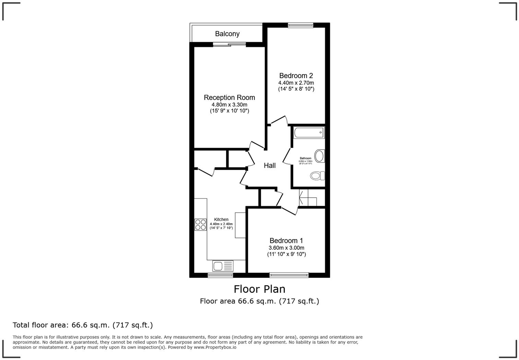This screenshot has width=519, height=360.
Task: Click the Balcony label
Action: click(227, 34)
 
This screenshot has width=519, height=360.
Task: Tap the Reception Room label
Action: click(229, 98)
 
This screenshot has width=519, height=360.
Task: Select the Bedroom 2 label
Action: click(296, 76)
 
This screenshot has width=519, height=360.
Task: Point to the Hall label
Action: click(269, 166)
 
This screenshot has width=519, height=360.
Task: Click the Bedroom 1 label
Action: click(286, 241)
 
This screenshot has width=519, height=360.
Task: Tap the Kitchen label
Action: click(221, 220)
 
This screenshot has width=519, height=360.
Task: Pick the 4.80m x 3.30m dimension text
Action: click(229, 105)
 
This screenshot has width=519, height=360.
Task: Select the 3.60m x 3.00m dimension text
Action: click(286, 248)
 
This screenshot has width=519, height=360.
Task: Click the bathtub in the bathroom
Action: click(309, 132)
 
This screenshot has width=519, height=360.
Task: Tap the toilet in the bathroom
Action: click(317, 176)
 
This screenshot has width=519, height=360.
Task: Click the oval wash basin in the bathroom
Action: click(319, 156)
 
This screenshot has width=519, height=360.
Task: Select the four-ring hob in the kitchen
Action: click(200, 225)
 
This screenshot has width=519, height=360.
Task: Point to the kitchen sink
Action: click(223, 266)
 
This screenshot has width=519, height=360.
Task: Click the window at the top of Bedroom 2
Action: click(300, 25)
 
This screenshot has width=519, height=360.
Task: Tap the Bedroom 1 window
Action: click(289, 275)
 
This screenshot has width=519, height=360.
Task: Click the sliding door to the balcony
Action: click(229, 44)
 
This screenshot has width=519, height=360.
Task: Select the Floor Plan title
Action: click(259, 289)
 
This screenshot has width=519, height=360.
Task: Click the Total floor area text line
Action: click(83, 325)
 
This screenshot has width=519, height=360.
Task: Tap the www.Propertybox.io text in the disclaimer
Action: click(215, 347)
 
